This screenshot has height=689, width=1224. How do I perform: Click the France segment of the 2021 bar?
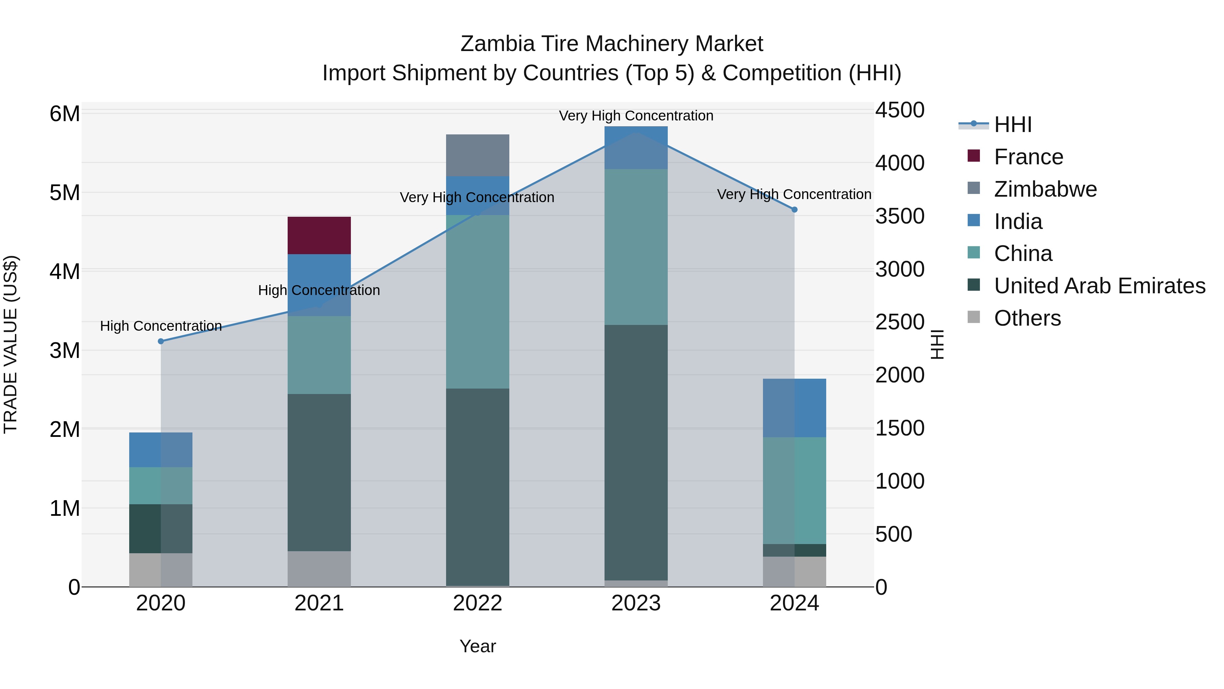(319, 235)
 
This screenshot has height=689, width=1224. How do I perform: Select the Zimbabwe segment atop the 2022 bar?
(478, 155)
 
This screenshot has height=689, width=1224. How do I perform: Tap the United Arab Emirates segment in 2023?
(636, 452)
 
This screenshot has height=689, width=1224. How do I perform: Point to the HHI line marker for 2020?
(160, 341)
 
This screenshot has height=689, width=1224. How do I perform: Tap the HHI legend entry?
(1012, 125)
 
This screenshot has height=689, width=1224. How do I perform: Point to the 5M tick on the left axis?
(65, 193)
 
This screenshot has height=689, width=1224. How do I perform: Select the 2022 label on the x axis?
(478, 603)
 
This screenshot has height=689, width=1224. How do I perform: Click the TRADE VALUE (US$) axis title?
(11, 344)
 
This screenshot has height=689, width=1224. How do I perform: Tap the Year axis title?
(478, 646)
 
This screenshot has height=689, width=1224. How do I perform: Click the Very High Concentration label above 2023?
(636, 116)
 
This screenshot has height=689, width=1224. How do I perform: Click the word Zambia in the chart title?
(489, 44)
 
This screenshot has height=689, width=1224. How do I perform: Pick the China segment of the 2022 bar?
(478, 301)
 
